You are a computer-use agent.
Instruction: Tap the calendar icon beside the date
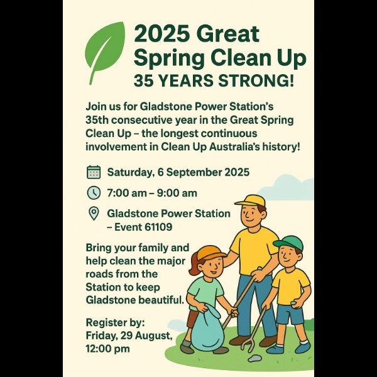point(93,172)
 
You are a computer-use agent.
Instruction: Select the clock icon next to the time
point(93,193)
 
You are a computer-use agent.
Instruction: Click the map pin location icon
point(94,213)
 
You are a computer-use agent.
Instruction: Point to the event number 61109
point(158,227)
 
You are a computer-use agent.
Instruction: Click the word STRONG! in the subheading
point(256,81)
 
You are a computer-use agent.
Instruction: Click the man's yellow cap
point(251,201)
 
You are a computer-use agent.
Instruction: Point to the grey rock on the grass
point(254,359)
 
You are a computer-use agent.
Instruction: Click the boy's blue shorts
point(290,314)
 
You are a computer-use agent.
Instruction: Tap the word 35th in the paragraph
point(97,120)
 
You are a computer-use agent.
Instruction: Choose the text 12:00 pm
point(107,349)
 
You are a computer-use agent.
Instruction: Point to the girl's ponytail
point(194,265)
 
